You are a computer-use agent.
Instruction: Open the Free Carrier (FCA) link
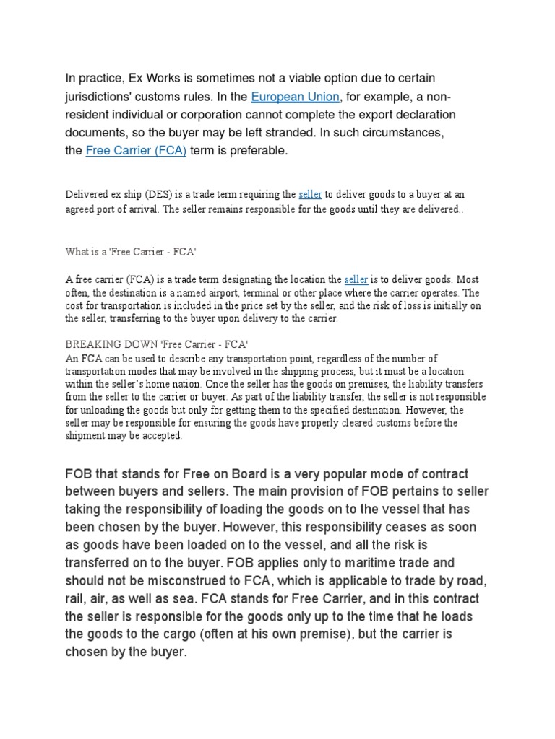136,151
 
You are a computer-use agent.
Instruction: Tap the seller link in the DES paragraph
309,194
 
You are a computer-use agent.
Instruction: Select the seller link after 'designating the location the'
356,279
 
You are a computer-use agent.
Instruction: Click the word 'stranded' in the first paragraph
275,134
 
